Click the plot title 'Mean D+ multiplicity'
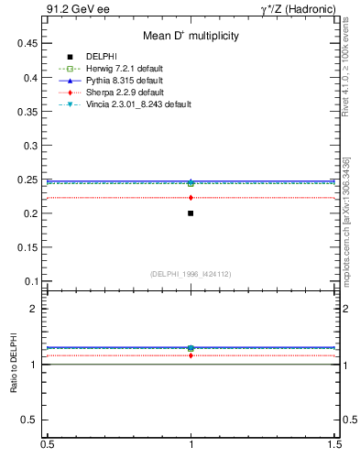(x=191, y=37)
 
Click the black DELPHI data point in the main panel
(x=191, y=213)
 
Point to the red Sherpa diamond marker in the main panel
(x=191, y=198)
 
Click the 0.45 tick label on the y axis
(x=26, y=44)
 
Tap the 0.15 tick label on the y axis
(x=26, y=247)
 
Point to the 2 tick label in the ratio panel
(x=33, y=309)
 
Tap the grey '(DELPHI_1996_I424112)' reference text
(x=191, y=274)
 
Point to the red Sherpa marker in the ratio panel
(x=191, y=355)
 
